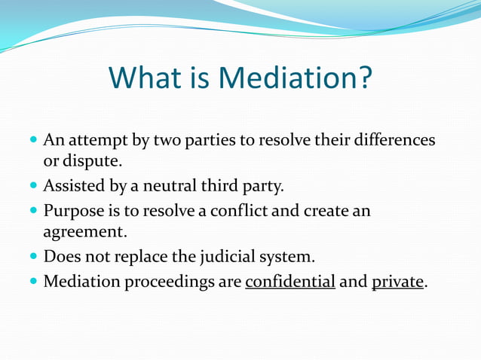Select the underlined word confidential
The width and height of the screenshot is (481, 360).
point(290,282)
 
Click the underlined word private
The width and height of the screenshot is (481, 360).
point(398,282)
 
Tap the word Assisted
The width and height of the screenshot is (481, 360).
point(74,186)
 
